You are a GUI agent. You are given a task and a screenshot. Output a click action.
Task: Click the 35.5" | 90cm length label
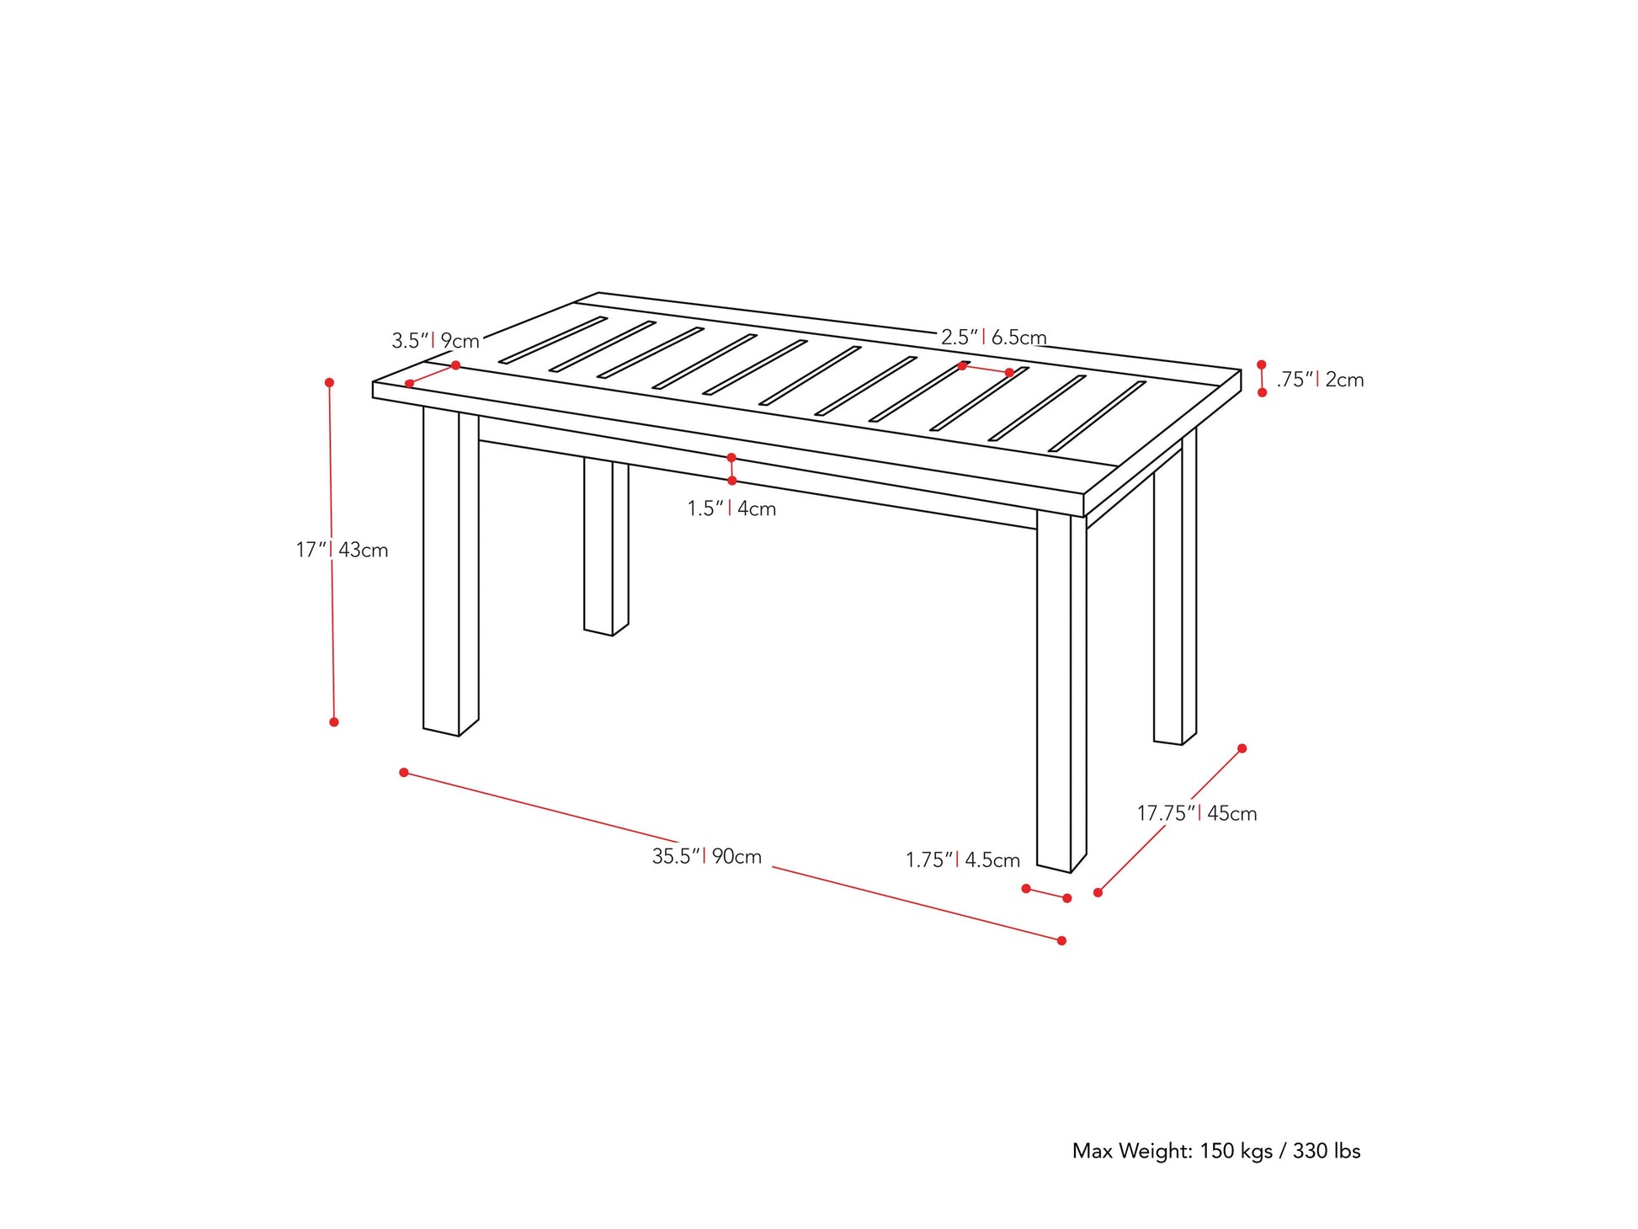706,857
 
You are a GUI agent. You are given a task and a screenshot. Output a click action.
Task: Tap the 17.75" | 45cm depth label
1196,813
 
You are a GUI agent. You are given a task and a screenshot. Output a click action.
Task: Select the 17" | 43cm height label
342,550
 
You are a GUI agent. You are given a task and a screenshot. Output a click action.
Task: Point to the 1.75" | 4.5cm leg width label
962,859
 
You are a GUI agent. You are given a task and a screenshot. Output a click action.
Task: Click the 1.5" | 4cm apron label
731,508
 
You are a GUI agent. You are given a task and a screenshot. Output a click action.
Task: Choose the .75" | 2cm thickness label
1319,380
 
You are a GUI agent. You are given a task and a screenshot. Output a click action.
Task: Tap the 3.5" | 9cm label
435,341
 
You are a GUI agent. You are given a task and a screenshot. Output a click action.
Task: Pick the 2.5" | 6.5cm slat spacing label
993,338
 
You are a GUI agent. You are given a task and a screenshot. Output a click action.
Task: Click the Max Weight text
1215,1151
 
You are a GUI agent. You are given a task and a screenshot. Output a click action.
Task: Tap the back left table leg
604,547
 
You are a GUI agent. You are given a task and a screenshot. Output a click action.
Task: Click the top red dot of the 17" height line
329,382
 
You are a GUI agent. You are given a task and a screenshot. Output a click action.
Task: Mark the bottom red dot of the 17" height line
334,722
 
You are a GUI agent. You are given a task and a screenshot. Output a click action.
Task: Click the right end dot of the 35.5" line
1061,940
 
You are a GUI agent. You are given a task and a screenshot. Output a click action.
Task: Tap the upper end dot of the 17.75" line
1242,748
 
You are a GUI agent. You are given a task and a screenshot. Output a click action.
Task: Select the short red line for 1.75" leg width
1046,893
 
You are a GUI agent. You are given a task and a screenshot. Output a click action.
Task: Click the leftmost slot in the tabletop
552,340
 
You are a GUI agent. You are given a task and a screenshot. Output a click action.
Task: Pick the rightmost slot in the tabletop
1097,416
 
